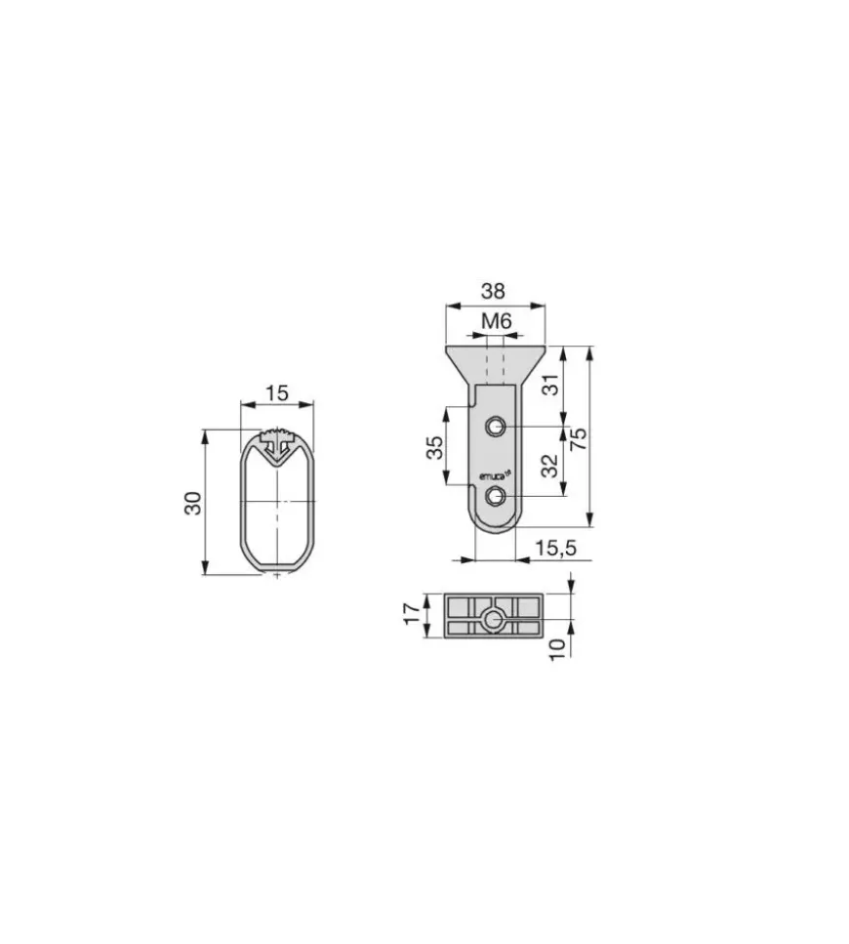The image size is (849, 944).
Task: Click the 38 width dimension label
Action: [x=493, y=291]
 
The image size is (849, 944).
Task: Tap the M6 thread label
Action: [x=497, y=321]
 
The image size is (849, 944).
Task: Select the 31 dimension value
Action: [x=550, y=385]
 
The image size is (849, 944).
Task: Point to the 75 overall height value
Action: [x=579, y=439]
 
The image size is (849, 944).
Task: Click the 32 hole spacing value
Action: [x=550, y=466]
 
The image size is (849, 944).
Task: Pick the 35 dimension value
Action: [x=434, y=447]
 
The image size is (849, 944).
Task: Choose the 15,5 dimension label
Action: [x=556, y=548]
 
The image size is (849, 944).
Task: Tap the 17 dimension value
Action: [x=412, y=613]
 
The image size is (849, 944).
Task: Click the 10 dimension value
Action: [x=558, y=649]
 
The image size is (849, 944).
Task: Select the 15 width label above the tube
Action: [x=277, y=393]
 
